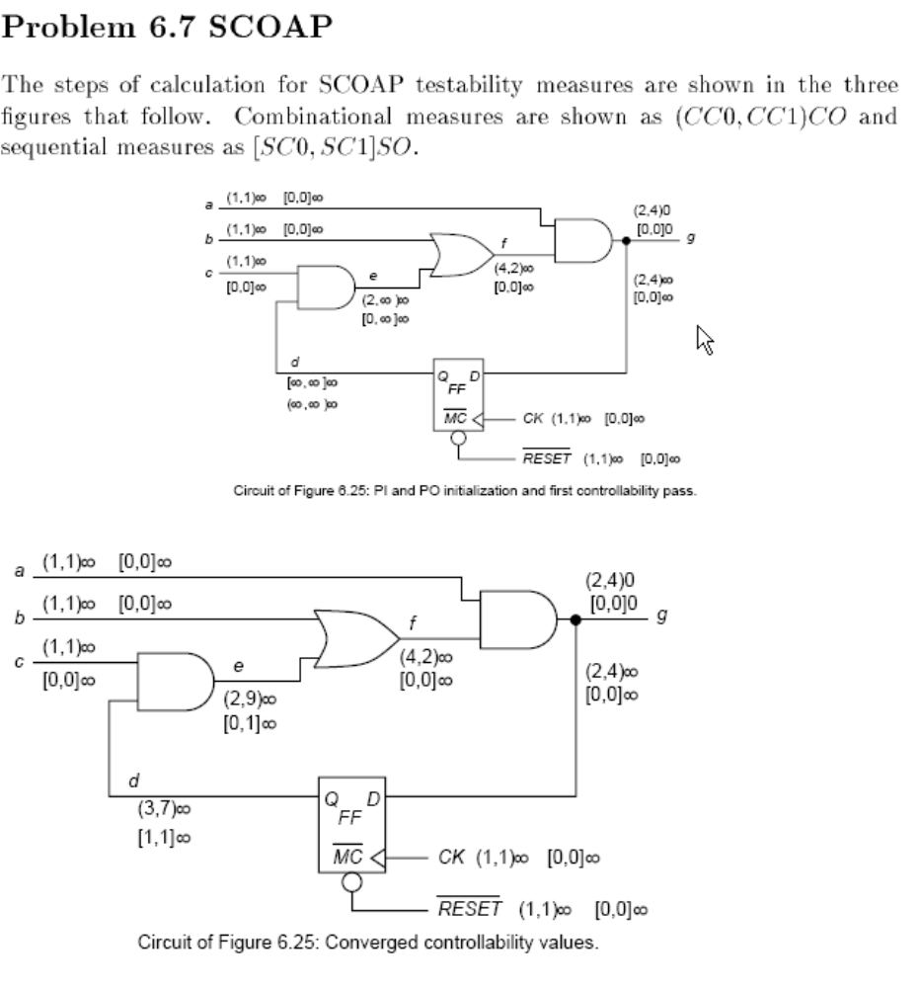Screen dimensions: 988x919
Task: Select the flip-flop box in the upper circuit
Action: click(457, 393)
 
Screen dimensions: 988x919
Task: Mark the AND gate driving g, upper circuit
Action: click(583, 240)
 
